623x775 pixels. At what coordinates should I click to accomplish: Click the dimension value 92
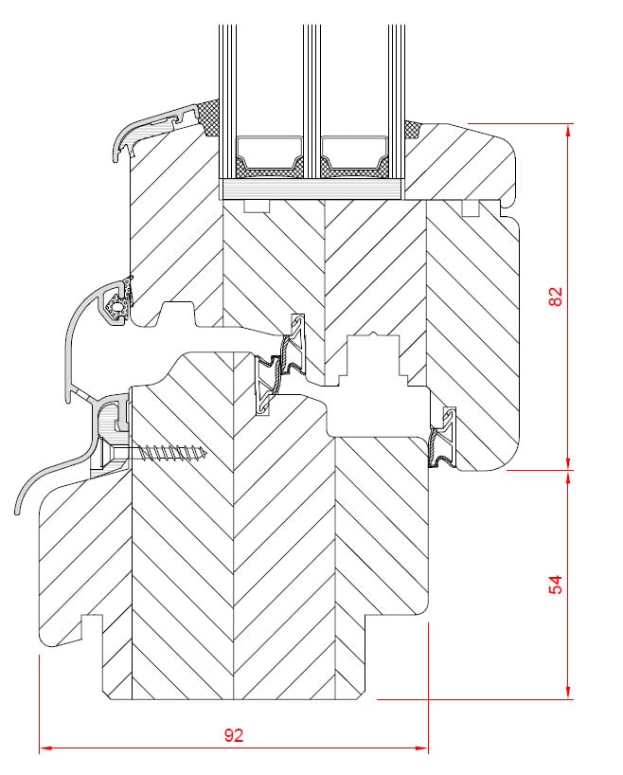[234, 735]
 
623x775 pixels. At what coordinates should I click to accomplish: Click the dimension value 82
[556, 297]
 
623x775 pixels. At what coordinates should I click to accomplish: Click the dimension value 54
[556, 585]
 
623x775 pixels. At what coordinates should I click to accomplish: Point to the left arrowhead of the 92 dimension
[45, 748]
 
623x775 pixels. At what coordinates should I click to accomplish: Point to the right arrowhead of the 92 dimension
[422, 748]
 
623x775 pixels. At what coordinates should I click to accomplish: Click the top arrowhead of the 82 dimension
[568, 130]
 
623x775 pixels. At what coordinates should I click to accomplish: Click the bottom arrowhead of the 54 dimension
[568, 693]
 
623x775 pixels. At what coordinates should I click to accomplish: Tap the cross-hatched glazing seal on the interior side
[413, 130]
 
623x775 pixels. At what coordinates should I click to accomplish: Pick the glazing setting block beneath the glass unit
[311, 189]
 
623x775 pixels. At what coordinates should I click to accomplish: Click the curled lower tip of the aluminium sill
[18, 509]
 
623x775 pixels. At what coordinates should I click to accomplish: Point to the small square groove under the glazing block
[257, 207]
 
